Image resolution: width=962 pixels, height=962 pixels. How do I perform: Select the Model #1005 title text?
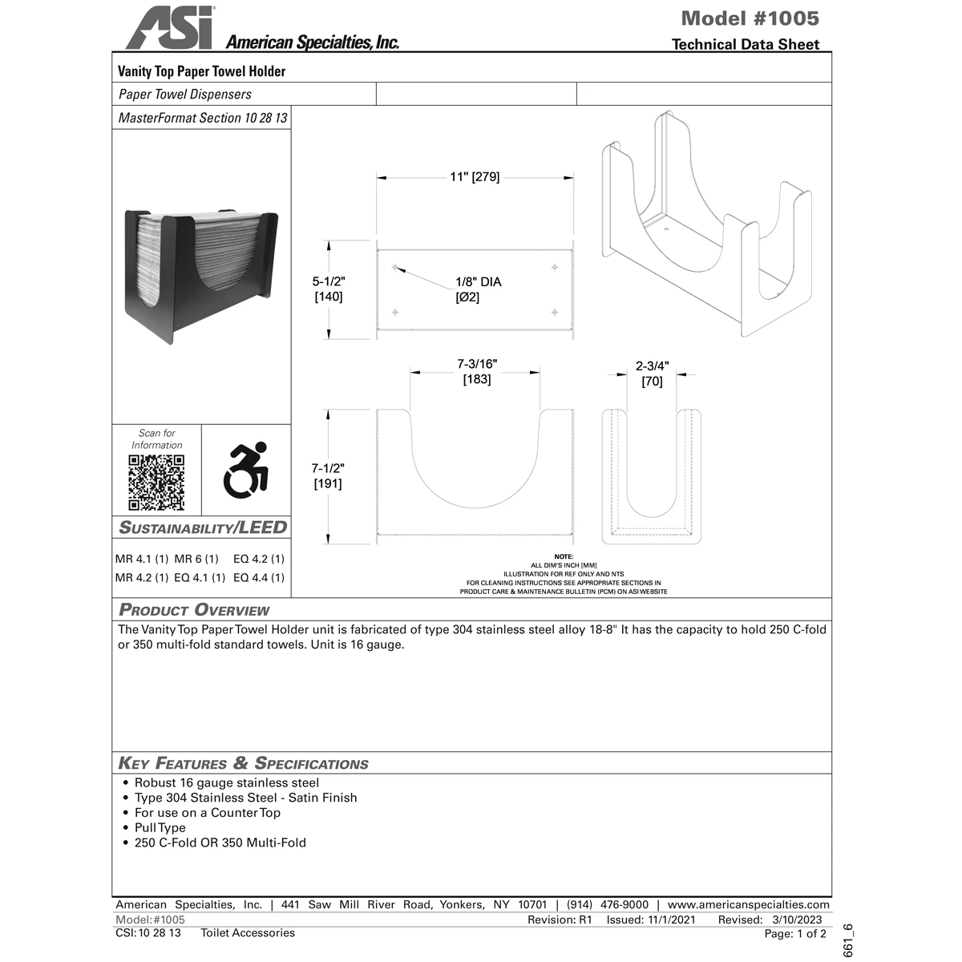[750, 18]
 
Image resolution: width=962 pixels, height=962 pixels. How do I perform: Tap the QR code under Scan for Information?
[157, 483]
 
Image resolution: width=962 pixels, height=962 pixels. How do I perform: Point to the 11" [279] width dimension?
[475, 177]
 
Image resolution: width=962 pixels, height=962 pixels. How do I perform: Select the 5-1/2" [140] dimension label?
[328, 289]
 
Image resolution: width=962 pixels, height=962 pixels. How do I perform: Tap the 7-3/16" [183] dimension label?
[477, 371]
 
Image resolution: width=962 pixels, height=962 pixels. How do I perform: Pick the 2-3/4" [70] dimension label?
[652, 374]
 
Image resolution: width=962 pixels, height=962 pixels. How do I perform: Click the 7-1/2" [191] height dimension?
[327, 475]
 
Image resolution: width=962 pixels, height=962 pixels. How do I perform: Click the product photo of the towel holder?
[200, 277]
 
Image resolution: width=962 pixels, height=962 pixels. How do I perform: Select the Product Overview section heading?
[194, 610]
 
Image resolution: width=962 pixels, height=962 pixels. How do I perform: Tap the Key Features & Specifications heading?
[243, 763]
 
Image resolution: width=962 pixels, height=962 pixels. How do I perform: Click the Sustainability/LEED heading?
[203, 527]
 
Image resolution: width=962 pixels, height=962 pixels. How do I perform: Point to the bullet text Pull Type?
[160, 827]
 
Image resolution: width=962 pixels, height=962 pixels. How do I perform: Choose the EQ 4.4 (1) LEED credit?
[259, 577]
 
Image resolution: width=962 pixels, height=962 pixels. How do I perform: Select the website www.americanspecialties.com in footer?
[748, 904]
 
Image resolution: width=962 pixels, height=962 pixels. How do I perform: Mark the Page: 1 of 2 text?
[794, 933]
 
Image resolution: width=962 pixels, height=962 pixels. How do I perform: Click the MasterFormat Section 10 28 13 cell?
[202, 118]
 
